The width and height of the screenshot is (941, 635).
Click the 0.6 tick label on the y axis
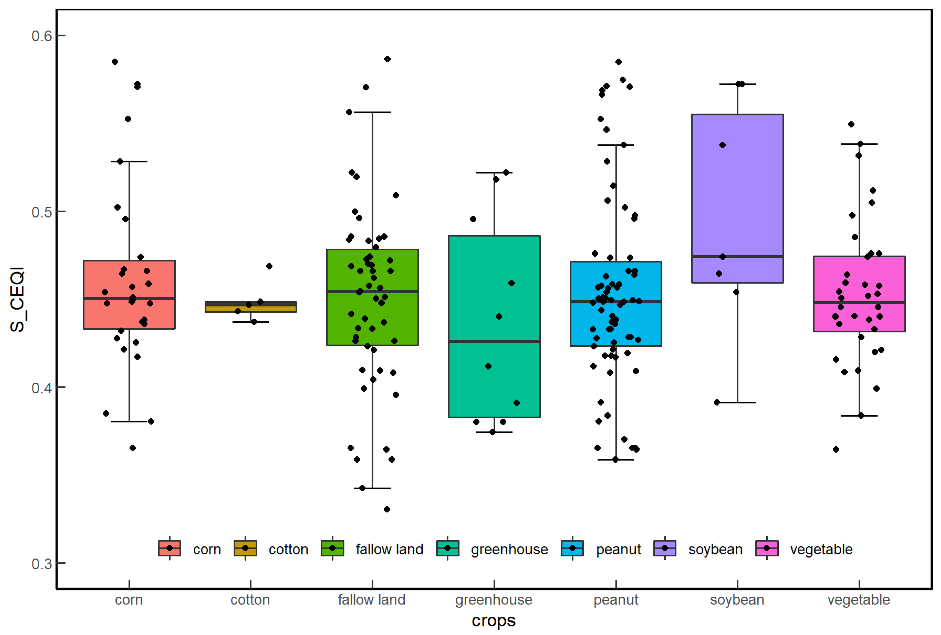pos(42,36)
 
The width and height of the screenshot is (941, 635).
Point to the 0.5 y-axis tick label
pos(42,212)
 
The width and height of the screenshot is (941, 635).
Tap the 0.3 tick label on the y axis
pos(42,563)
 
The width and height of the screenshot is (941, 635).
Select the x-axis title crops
pos(493,620)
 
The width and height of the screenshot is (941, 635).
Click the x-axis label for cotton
pos(250,599)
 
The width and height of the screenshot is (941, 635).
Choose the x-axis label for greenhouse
pos(493,599)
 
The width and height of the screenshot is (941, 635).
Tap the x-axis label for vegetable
pos(858,599)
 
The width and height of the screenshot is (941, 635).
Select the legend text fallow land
pos(389,549)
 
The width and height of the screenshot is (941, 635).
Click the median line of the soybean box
pos(737,256)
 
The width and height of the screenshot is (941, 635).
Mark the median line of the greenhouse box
pos(494,342)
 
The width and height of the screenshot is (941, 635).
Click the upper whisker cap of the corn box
pos(129,161)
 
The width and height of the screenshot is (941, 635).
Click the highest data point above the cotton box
pos(269,266)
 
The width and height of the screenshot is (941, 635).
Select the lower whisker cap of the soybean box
pos(737,403)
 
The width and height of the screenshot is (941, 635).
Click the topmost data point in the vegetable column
pos(851,124)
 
